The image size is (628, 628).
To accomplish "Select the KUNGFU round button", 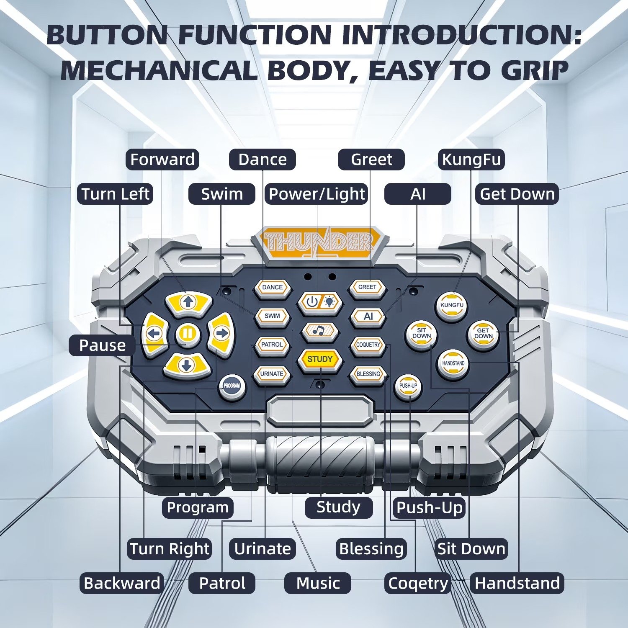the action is click(x=452, y=306).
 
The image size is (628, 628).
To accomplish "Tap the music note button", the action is click(x=320, y=331).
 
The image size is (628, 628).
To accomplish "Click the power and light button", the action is click(x=320, y=302).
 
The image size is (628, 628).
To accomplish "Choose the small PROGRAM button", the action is click(x=232, y=386).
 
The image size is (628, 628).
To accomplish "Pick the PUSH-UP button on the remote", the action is click(x=408, y=386).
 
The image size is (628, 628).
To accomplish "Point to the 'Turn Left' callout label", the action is click(x=115, y=194).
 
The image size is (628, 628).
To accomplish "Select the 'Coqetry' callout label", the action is click(x=418, y=583).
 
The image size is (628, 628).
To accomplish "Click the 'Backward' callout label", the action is click(x=122, y=583).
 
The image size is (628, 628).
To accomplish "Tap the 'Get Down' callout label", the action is click(x=517, y=194).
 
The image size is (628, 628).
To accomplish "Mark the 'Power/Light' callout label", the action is click(x=317, y=194).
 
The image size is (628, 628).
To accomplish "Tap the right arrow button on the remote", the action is click(x=221, y=334).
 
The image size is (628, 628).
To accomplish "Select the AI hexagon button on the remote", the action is click(x=368, y=317).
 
